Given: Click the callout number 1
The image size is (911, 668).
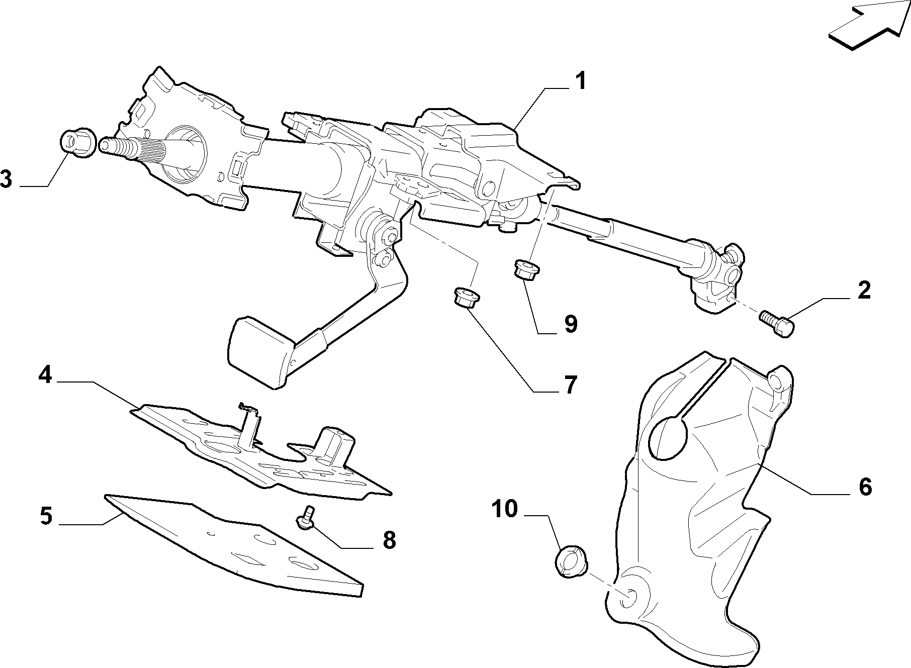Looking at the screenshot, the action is click(x=581, y=81).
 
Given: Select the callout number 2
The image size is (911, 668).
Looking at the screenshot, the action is click(x=864, y=291).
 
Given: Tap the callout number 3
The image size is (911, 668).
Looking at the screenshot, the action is click(x=7, y=179).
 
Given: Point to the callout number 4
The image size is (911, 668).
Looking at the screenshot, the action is click(x=45, y=375).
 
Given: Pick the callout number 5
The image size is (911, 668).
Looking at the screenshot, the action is click(x=46, y=517).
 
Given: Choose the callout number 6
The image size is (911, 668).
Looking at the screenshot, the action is click(x=865, y=487).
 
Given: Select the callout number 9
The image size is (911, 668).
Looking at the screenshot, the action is click(x=570, y=324).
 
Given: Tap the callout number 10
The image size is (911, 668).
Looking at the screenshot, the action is click(x=504, y=509).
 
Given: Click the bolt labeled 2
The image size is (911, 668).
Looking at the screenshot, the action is click(x=777, y=324).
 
